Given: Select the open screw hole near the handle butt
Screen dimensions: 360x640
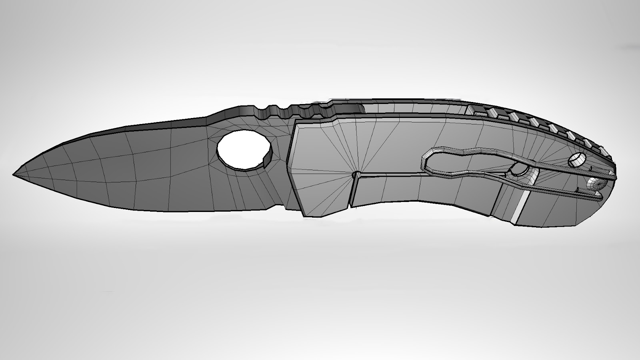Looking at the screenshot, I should pyautogui.click(x=576, y=160).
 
